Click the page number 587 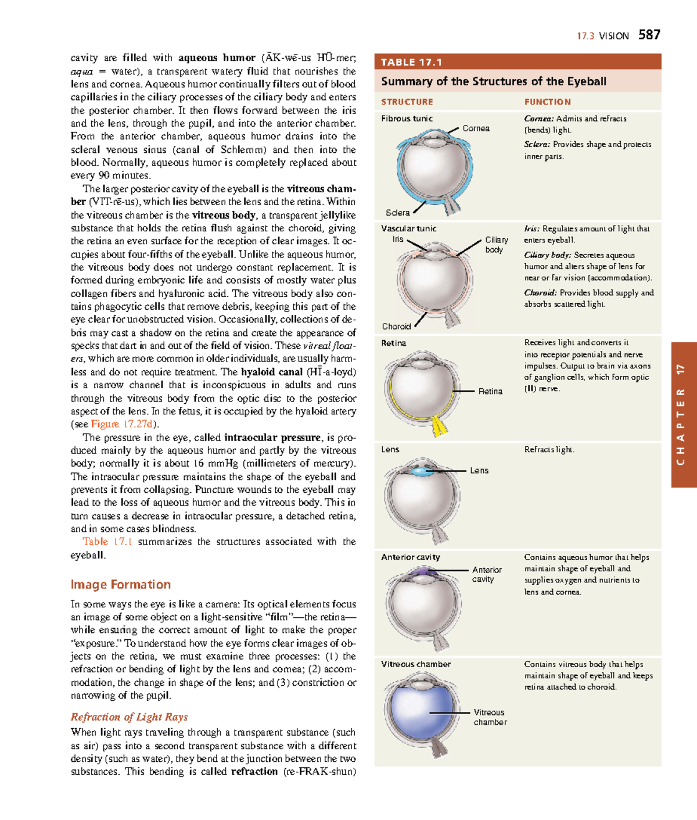coord(649,35)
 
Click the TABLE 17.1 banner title coord(411,62)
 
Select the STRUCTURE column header coord(407,102)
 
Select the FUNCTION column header coord(547,102)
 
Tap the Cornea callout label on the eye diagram coord(476,128)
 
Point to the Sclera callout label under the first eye coord(397,213)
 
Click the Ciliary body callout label coord(496,245)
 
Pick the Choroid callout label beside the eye coord(396,327)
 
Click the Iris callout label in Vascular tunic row coord(397,239)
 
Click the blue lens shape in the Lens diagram coord(422,471)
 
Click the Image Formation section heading coord(121,585)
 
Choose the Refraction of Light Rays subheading coord(129,717)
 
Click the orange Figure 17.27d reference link coord(122,424)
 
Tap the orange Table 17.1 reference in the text coord(107,542)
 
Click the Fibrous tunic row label coord(407,119)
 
